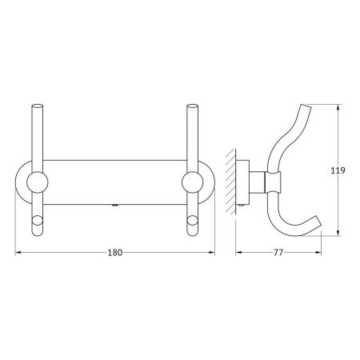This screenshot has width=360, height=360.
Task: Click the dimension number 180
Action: (115, 253)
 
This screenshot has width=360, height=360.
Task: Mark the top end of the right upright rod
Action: (193, 105)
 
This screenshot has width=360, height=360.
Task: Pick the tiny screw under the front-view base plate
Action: (116, 205)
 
